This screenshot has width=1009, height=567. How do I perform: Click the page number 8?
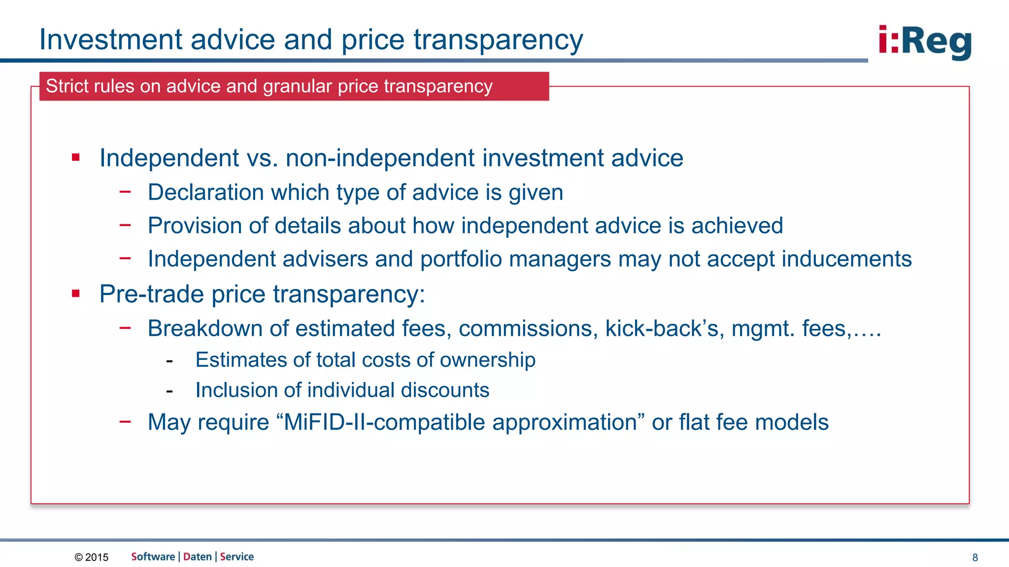tap(975, 557)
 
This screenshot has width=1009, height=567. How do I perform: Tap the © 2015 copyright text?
tap(92, 557)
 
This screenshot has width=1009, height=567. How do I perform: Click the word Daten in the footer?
tap(198, 557)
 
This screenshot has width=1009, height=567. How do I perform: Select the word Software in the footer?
tap(153, 557)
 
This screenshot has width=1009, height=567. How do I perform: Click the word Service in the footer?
tap(237, 557)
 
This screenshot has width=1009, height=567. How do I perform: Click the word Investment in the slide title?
tap(111, 39)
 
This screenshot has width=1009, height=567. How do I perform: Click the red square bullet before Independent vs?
tap(75, 157)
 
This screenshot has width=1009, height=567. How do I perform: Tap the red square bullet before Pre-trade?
tap(75, 294)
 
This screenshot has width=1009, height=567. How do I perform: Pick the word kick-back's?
tap(664, 329)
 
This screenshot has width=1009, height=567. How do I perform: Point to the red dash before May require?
tap(125, 421)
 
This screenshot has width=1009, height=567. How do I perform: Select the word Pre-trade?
tap(151, 294)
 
